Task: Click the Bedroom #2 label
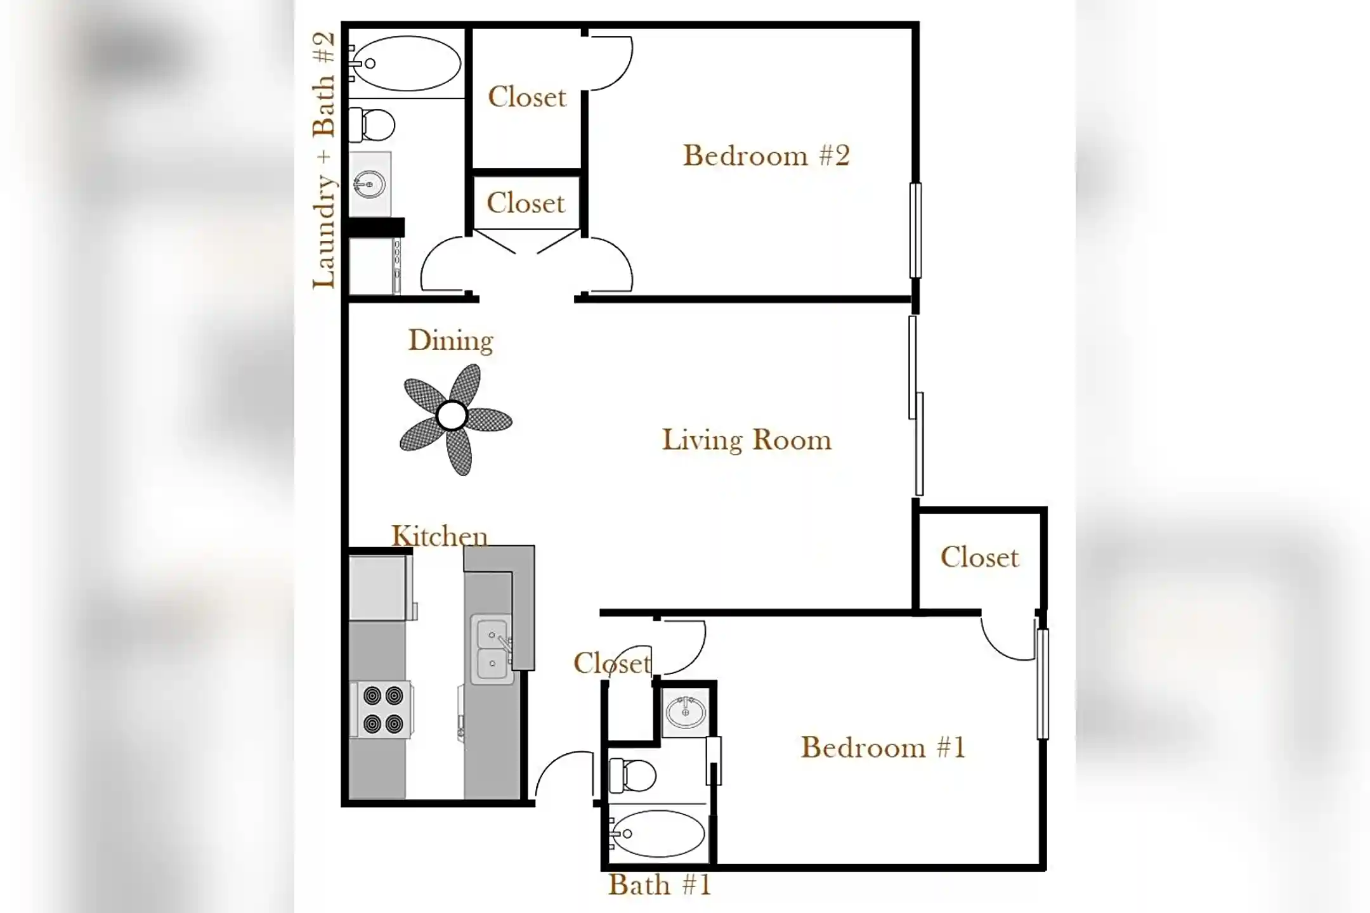tap(766, 155)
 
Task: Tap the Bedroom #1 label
tap(883, 747)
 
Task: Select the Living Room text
tap(747, 440)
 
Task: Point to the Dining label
tap(450, 340)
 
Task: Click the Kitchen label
tap(440, 536)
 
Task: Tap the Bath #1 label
tap(660, 884)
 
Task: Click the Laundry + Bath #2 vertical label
tap(324, 160)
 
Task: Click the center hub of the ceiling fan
tap(452, 416)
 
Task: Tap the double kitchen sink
tap(492, 649)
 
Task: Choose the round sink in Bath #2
tap(369, 185)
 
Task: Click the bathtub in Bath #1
tap(657, 833)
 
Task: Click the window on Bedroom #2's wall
tap(915, 230)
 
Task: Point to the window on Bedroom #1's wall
tap(1042, 684)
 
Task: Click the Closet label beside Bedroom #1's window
tap(979, 557)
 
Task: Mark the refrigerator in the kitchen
tap(378, 588)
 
